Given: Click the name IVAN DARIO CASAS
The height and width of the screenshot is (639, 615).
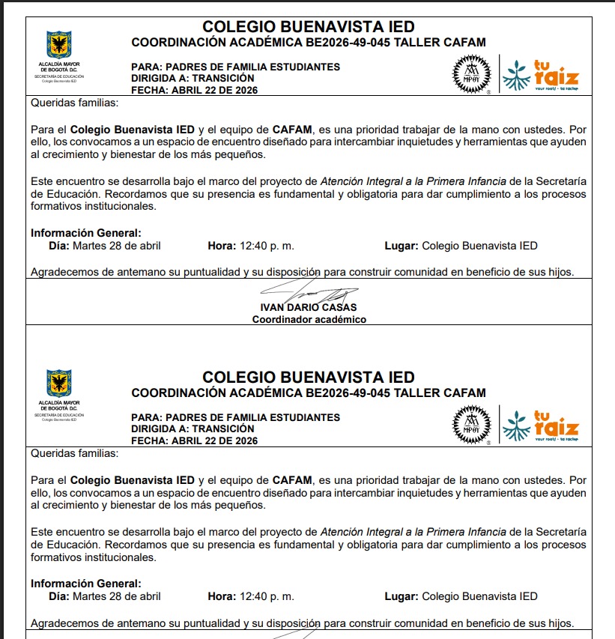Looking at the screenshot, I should [309, 307].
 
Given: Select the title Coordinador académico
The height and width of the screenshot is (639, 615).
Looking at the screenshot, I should [309, 320].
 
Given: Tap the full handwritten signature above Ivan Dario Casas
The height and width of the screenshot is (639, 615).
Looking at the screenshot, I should [309, 291].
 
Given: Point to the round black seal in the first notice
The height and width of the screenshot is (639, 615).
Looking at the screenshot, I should [472, 74].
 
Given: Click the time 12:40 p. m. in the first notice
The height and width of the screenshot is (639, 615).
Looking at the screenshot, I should [266, 246].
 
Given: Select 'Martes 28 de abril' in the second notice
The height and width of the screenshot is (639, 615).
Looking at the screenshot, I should [116, 596].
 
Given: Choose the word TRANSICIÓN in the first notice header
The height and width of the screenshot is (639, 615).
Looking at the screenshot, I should [223, 78].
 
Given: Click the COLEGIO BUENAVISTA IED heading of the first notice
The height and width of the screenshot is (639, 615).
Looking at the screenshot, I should [308, 27].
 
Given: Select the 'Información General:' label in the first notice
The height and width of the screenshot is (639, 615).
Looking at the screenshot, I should [85, 233].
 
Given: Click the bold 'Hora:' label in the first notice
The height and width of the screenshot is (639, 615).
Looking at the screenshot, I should [222, 246].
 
